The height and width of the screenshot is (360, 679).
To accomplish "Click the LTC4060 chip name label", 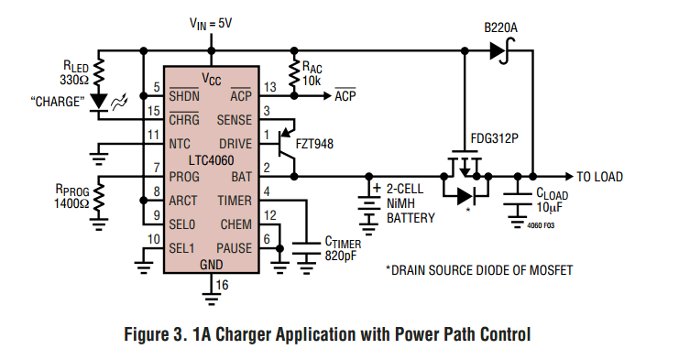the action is click(211, 160).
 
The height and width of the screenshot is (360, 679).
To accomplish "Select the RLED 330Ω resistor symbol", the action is click(99, 72).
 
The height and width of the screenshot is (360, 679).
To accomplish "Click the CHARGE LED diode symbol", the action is click(99, 103).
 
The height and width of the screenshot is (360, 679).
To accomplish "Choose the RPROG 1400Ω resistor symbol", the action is click(99, 196).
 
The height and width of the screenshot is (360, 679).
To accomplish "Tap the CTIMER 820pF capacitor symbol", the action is click(307, 249).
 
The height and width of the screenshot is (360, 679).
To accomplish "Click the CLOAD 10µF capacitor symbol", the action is click(517, 200).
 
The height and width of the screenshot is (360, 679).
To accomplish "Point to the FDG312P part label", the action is click(494, 138).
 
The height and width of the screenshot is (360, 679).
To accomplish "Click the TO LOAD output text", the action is click(599, 177).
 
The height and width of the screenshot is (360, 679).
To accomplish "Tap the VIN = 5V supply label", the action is click(211, 23).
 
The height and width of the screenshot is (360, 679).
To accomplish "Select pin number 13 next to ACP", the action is click(269, 87).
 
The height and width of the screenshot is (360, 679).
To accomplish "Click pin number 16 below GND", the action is click(222, 285).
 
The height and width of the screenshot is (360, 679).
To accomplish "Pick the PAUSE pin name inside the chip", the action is click(234, 248).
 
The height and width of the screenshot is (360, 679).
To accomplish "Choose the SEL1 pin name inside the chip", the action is click(181, 248).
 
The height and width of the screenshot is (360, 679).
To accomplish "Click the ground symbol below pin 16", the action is click(211, 299).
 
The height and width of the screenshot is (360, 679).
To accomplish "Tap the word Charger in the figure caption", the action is click(244, 334).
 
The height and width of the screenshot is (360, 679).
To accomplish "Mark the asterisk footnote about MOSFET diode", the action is click(479, 270).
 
